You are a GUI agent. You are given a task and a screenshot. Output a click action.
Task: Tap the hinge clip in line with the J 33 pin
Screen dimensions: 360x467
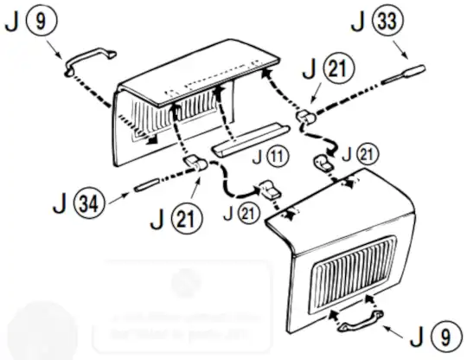[x=305, y=115]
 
